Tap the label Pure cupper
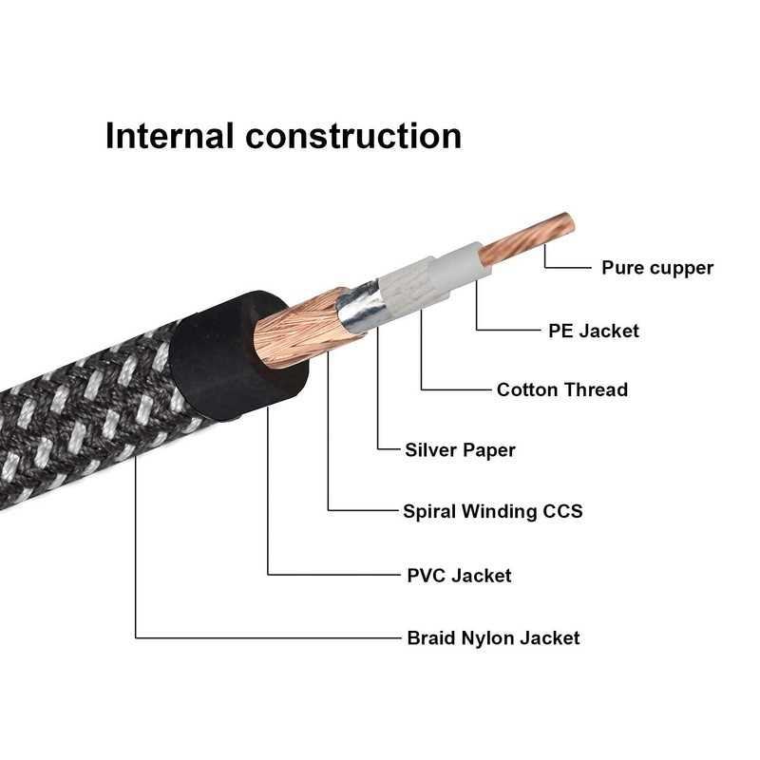pos(656,268)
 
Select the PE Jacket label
pos(594,331)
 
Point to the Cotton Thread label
pos(561,389)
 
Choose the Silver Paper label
pos(460,449)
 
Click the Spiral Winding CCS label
pos(492,511)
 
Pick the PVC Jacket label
pos(458,575)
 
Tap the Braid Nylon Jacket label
pos(492,637)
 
